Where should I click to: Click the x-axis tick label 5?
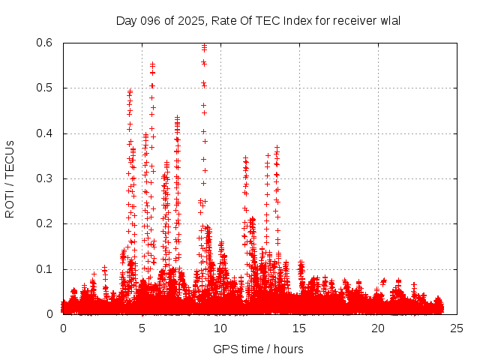142,328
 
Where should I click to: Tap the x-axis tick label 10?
220,328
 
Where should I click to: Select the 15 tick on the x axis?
299,328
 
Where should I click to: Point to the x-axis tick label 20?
378,328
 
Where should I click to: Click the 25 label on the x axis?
457,328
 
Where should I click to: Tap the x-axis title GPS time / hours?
258,349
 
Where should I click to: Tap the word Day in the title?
126,20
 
